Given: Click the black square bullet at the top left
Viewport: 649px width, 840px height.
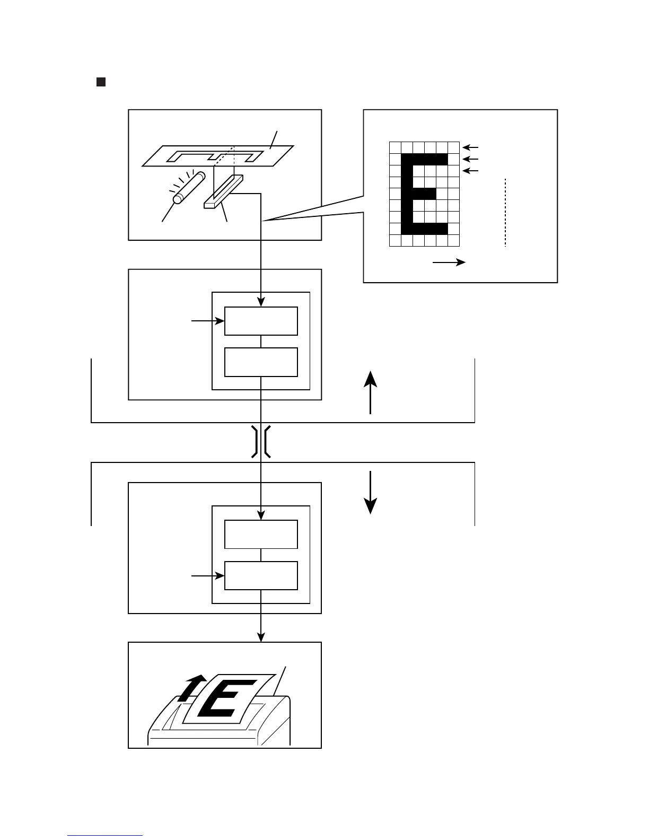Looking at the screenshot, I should [x=101, y=82].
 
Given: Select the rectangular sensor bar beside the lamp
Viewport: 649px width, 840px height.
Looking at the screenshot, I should [x=223, y=191].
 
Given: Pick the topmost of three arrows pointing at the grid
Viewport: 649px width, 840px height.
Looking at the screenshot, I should [x=470, y=147].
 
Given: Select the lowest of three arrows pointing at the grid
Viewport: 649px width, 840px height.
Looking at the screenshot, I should [x=470, y=170].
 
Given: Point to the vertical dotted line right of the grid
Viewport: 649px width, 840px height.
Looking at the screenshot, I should [x=506, y=212].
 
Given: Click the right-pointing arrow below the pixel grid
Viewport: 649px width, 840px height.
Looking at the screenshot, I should [x=449, y=262].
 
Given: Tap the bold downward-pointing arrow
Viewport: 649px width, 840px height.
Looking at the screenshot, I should [x=370, y=492].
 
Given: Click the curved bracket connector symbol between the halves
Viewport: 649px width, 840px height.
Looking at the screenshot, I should [x=261, y=441].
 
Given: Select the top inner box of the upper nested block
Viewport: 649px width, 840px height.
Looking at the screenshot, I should [x=261, y=321].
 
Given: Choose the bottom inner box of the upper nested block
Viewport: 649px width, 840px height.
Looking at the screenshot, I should [x=261, y=362].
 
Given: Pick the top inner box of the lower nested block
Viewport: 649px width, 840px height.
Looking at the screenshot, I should [x=261, y=535].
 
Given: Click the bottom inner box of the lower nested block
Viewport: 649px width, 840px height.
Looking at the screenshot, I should [x=261, y=575].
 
